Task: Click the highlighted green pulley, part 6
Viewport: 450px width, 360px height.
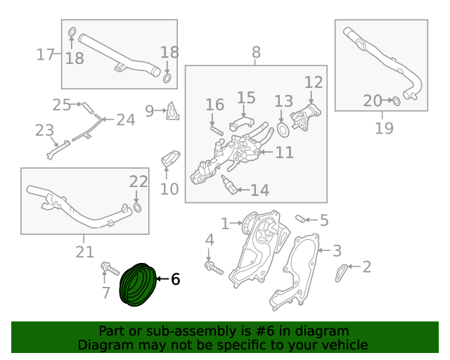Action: point(138,285)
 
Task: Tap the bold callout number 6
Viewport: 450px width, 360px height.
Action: point(175,279)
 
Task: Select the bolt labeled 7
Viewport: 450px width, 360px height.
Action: point(110,269)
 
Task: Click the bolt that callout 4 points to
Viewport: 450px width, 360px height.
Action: point(214,268)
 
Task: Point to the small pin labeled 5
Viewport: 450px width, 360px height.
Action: point(300,219)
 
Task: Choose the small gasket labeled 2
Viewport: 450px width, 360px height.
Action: point(340,273)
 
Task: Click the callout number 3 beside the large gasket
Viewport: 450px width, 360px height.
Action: point(337,250)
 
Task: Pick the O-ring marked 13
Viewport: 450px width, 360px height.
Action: point(283,130)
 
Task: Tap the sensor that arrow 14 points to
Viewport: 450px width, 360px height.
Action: point(229,185)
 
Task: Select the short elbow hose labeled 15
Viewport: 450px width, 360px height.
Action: point(242,122)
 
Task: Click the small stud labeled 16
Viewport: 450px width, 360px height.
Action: point(217,131)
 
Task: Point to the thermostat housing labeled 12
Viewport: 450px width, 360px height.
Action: point(305,116)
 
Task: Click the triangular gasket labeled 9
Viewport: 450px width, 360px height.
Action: point(173,111)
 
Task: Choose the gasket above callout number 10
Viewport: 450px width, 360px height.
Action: point(170,159)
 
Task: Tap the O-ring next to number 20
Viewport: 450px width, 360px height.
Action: point(397,101)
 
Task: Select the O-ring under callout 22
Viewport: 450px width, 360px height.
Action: point(138,207)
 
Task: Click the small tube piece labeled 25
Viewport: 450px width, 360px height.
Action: point(88,108)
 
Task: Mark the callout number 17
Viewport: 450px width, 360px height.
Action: point(45,54)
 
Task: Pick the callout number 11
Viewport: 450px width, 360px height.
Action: point(284,152)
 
